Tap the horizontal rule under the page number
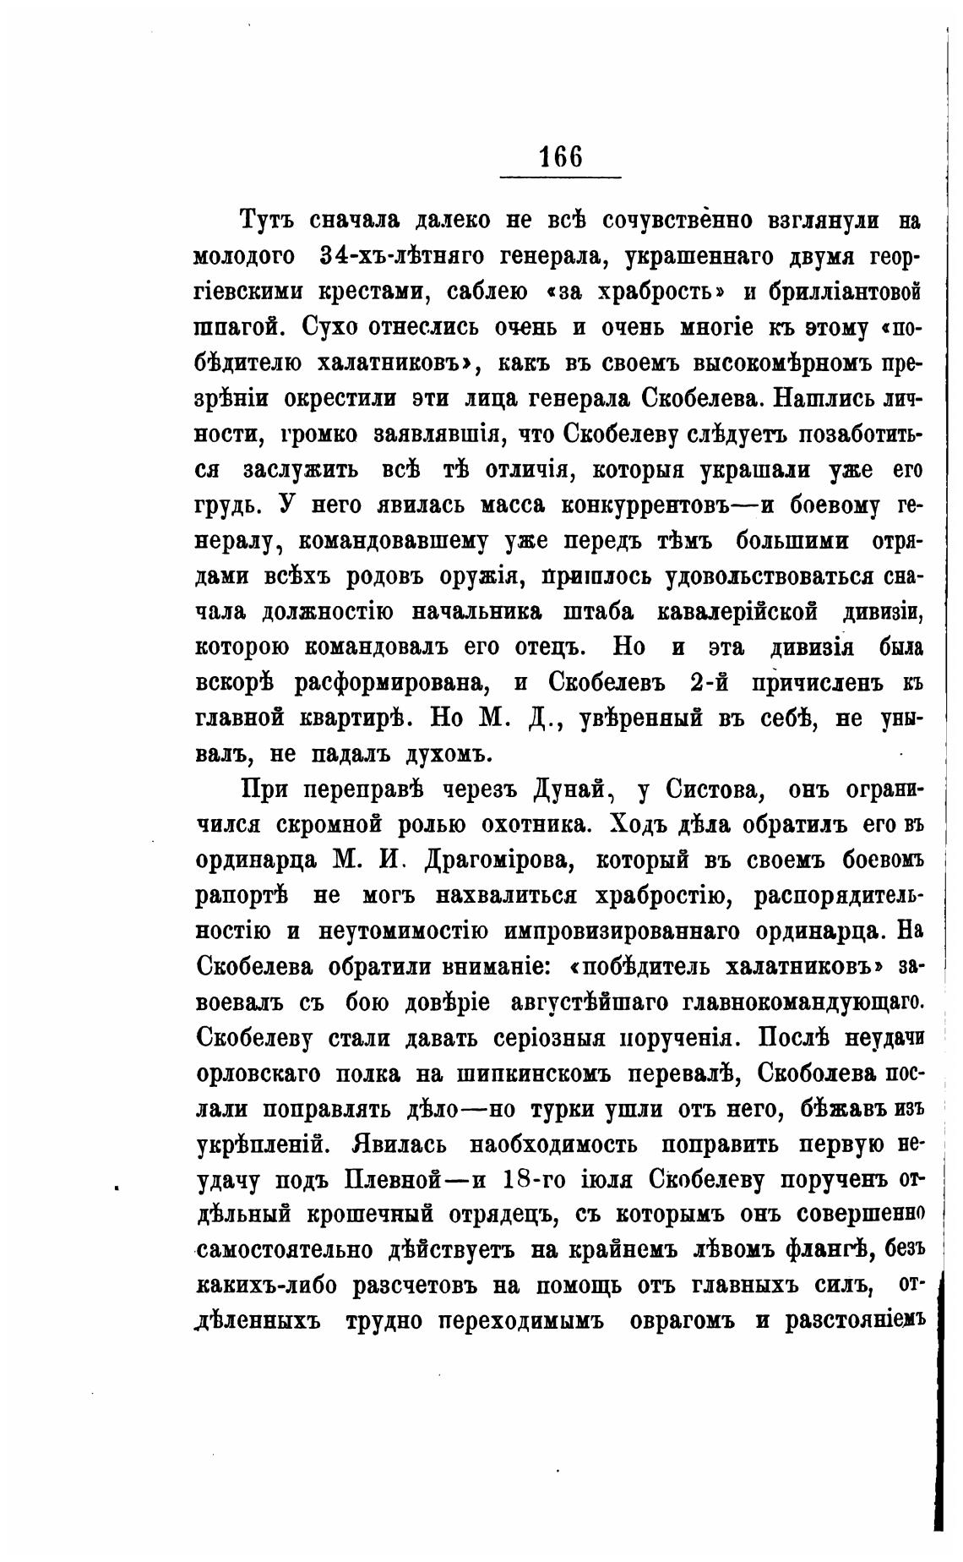[x=560, y=177]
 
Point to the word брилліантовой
[x=843, y=292]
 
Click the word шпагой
[x=237, y=327]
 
